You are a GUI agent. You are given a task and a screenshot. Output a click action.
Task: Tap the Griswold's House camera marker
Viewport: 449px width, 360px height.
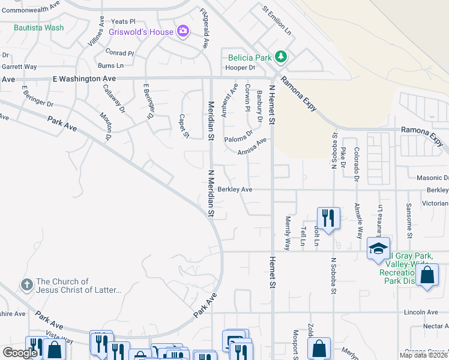click(x=183, y=31)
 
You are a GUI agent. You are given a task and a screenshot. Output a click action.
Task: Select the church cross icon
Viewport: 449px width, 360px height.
click(x=27, y=284)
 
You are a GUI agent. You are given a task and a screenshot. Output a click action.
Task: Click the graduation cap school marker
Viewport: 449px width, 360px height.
click(x=378, y=248)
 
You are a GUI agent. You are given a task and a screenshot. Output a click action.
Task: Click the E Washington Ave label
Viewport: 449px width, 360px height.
click(x=84, y=79)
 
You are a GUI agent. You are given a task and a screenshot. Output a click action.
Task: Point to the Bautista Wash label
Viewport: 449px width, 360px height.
click(x=38, y=28)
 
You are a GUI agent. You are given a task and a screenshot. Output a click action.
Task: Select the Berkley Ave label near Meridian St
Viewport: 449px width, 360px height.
click(x=234, y=189)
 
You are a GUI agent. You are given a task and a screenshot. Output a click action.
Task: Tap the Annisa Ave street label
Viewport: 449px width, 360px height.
click(x=252, y=147)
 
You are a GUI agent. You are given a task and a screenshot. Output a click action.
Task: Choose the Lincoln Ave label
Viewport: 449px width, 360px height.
click(x=421, y=312)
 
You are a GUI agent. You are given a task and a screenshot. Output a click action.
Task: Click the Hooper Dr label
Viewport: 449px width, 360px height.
click(x=240, y=68)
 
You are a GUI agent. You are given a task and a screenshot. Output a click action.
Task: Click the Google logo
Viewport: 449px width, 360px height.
click(x=20, y=353)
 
